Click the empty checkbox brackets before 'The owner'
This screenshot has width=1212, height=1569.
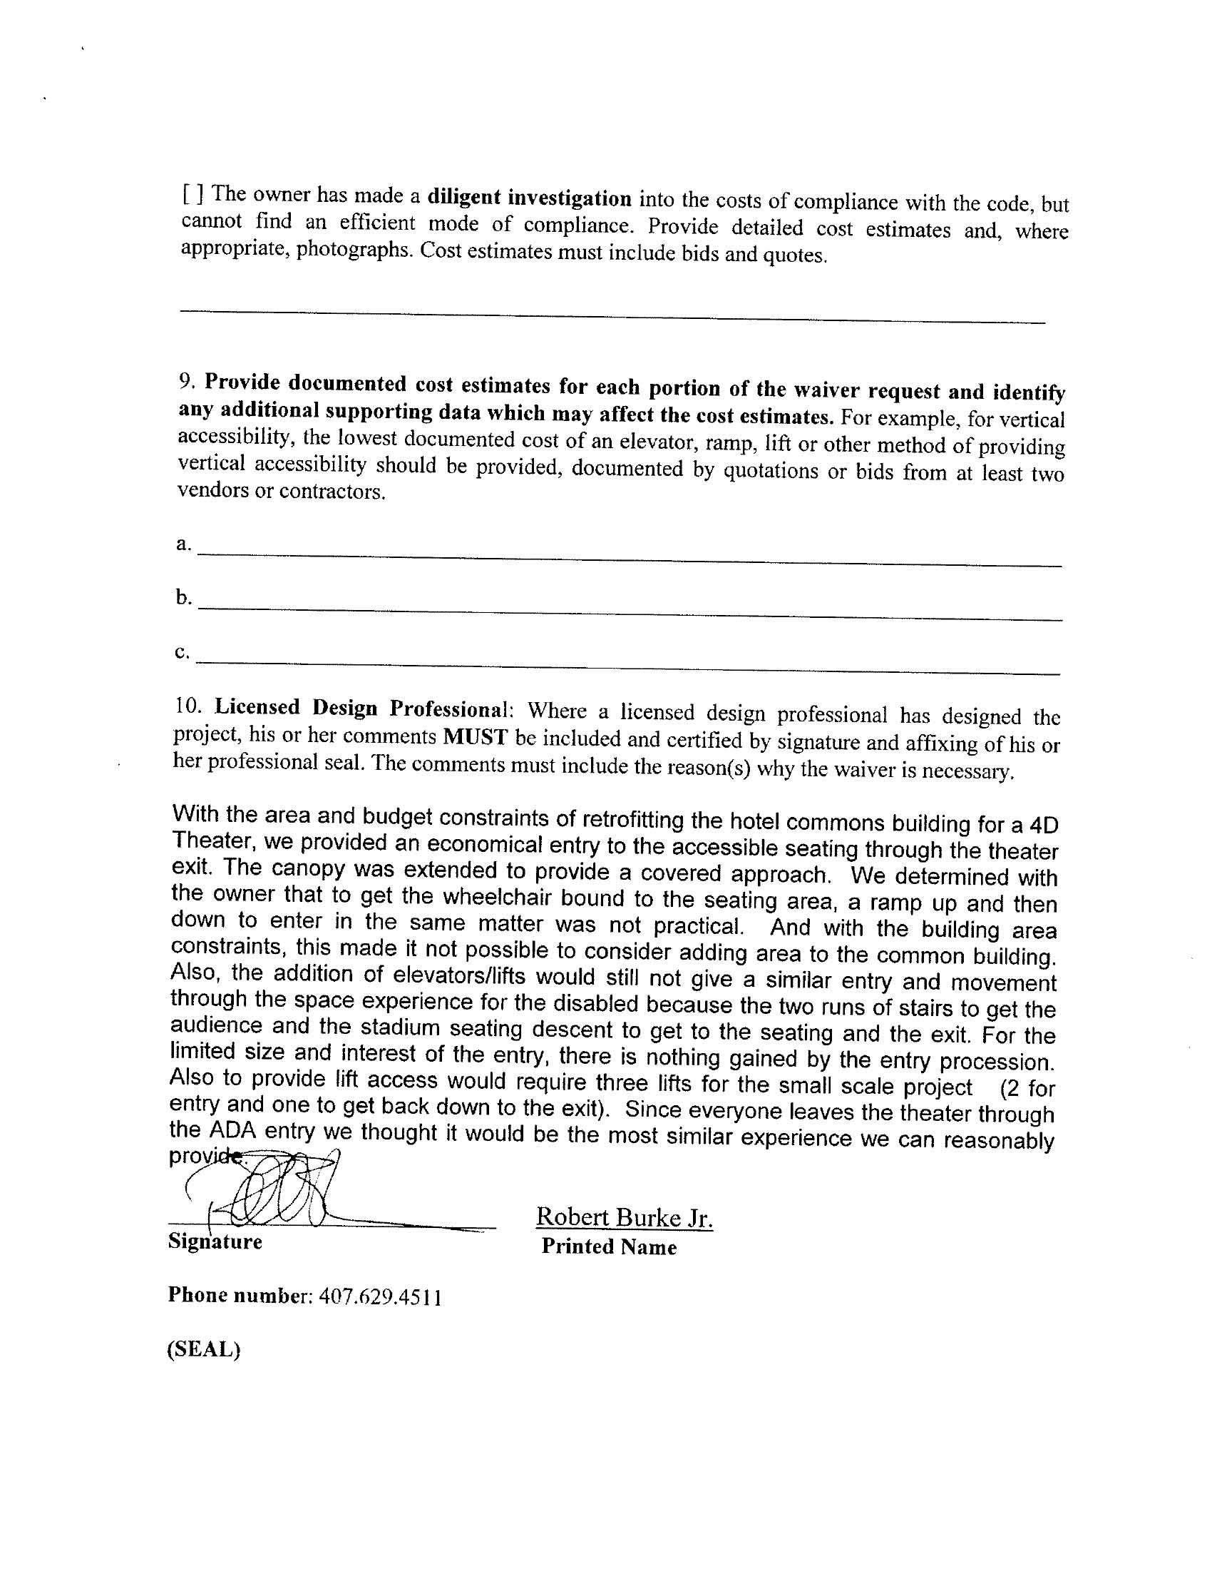[193, 193]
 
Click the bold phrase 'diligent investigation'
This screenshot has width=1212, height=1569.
[529, 198]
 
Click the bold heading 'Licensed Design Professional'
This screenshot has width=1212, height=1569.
[361, 709]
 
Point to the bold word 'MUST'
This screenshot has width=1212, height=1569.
[476, 738]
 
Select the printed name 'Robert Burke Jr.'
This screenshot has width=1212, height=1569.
[624, 1217]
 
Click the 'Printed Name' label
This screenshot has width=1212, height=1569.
[609, 1247]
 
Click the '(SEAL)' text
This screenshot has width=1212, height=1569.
[203, 1349]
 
